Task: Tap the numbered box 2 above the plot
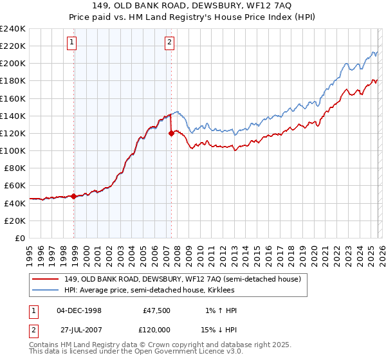[x=169, y=43]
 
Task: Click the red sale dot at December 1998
[x=74, y=197]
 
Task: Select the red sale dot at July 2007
[x=172, y=134]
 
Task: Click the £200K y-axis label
[x=13, y=64]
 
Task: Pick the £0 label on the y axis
[x=19, y=237]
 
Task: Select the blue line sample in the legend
[x=46, y=290]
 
